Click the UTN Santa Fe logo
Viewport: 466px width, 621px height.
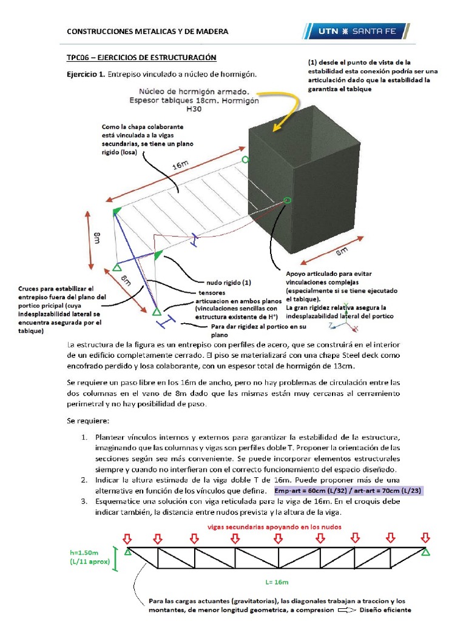pos(355,31)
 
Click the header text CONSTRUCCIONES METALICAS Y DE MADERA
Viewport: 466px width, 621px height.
pos(147,32)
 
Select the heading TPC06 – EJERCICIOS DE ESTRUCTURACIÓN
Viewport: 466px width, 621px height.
pos(141,58)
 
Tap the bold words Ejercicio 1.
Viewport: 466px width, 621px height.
pos(86,75)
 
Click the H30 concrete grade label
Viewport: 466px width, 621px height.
pos(194,109)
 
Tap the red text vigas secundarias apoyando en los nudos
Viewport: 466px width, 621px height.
pos(275,527)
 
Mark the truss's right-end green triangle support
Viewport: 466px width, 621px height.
pos(426,552)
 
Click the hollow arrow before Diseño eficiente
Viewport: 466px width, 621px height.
pos(347,609)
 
